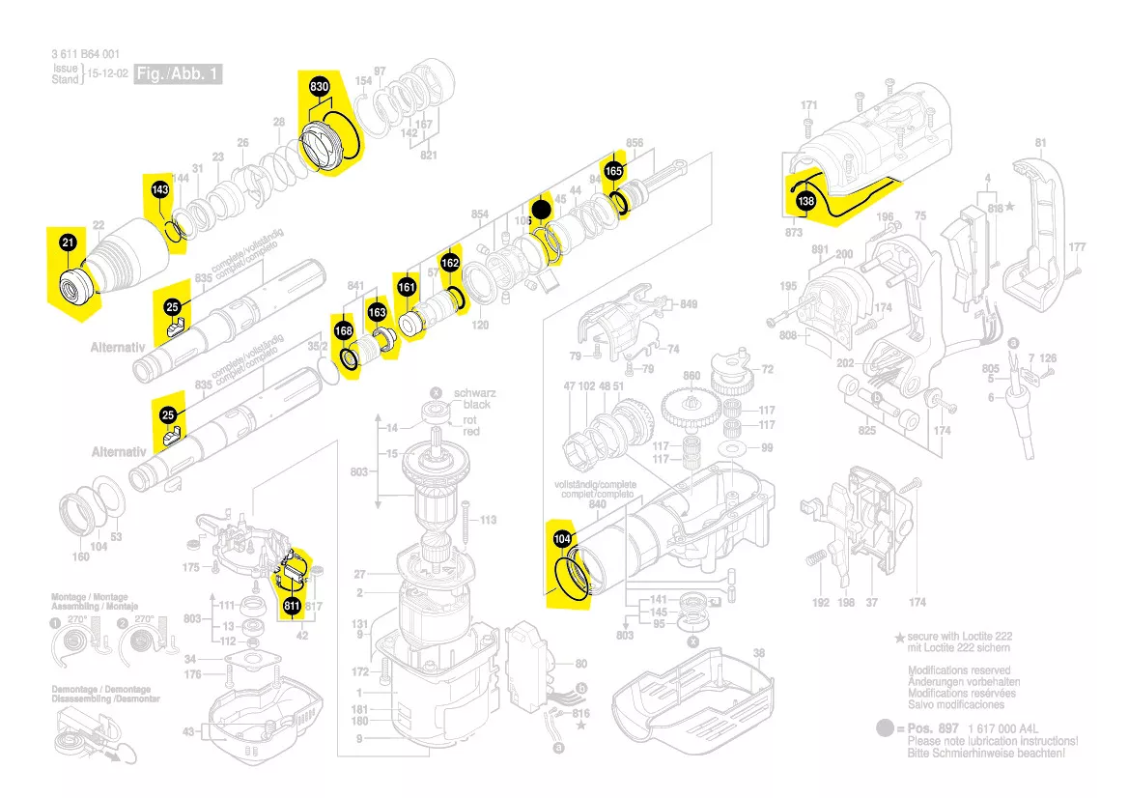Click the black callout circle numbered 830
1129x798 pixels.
pos(320,88)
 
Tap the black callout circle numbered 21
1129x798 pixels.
pos(68,243)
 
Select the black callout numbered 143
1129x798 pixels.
pos(160,190)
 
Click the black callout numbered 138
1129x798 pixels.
pos(805,201)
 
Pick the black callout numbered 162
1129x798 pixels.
pos(450,263)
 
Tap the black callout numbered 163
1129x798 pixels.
pos(377,313)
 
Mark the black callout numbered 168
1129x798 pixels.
pos(343,331)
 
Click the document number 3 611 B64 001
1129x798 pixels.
pos(86,55)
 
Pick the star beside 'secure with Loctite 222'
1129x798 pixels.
pos(899,639)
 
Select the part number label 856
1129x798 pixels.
pos(635,143)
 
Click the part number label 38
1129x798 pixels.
pos(759,653)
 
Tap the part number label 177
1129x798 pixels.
pos(1077,248)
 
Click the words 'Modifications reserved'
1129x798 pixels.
pos(959,670)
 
